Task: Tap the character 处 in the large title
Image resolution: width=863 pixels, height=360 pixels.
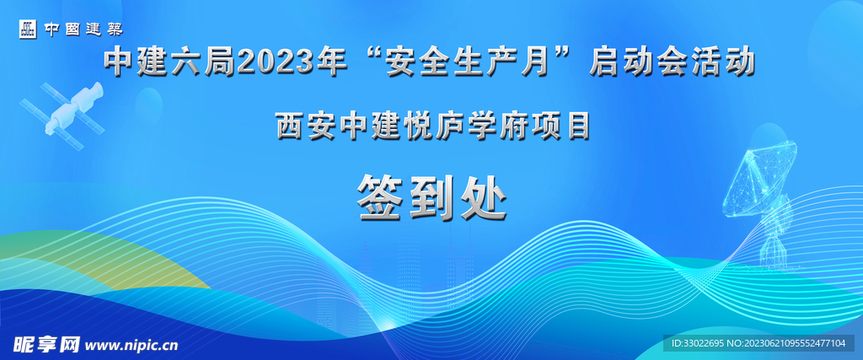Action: (x=482, y=196)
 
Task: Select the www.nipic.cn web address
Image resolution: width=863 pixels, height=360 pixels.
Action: (x=132, y=345)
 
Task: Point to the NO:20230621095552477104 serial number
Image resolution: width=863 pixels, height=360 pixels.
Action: (x=791, y=344)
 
